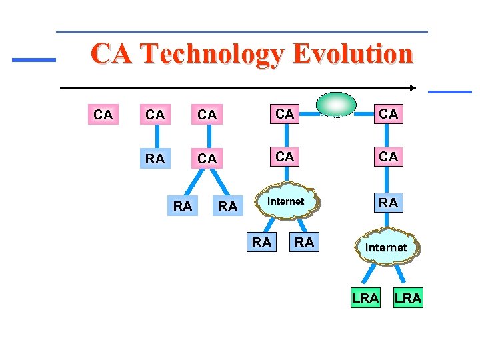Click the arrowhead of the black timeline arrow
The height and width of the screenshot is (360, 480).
tap(414, 87)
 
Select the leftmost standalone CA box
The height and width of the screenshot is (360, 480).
tap(103, 115)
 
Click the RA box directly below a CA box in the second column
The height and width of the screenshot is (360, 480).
tap(155, 159)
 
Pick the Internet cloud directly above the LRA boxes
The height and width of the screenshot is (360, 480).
tap(386, 247)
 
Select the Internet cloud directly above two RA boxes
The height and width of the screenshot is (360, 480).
tap(285, 201)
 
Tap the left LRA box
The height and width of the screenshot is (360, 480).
tap(365, 298)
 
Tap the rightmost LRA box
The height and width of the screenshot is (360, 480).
tap(407, 298)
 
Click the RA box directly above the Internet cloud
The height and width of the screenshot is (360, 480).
tap(388, 202)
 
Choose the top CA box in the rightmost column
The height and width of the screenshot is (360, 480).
tap(388, 114)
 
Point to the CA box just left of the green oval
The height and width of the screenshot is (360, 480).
tap(285, 114)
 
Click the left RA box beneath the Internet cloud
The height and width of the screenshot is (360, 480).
tap(261, 242)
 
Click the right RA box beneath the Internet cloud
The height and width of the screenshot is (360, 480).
tap(304, 242)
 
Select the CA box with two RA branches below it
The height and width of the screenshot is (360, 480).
tap(207, 159)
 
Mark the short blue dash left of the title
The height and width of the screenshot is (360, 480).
tap(34, 59)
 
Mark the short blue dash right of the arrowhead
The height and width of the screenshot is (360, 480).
tap(449, 91)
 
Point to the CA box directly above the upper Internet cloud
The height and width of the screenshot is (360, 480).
tap(285, 157)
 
